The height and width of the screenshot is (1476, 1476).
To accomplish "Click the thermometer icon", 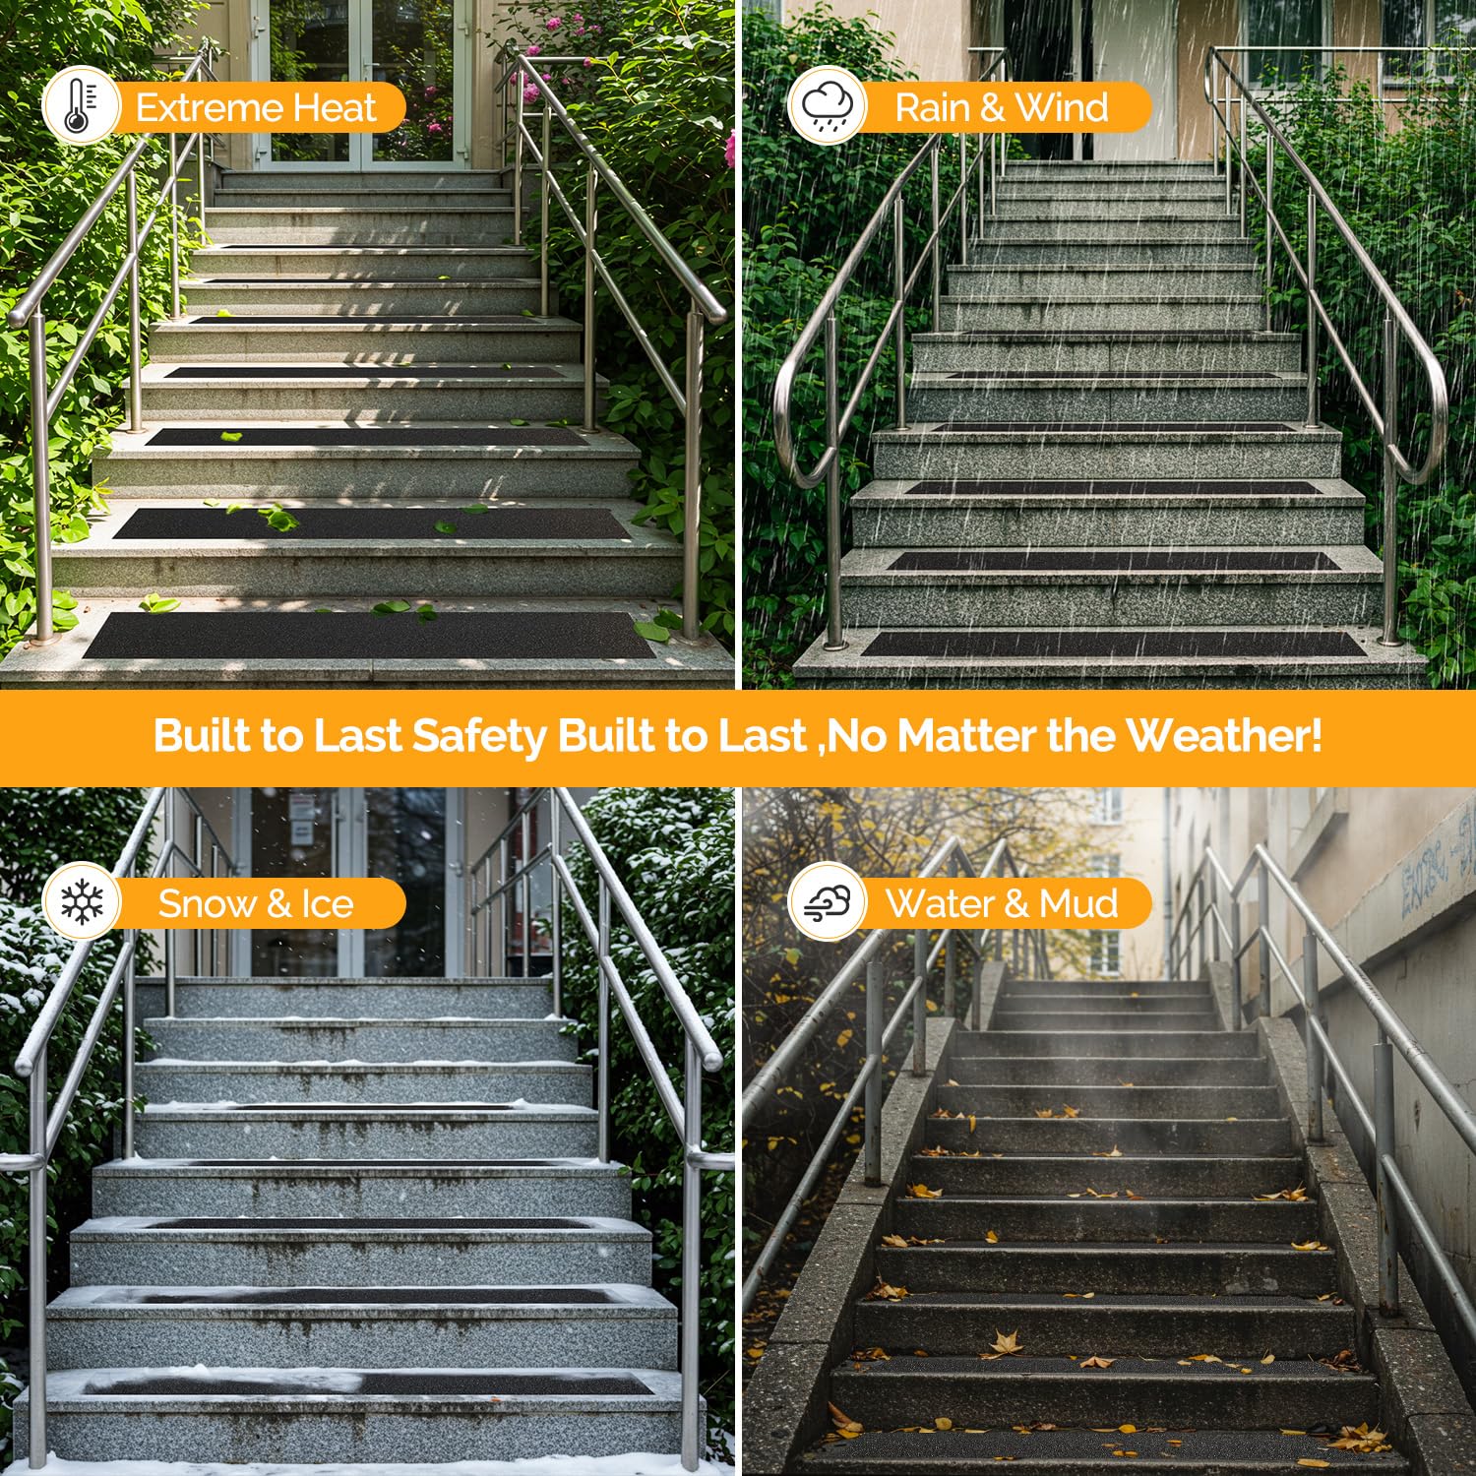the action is click(80, 106).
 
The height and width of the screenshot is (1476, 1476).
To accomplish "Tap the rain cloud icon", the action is click(827, 106).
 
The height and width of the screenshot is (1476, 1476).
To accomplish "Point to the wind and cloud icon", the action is click(827, 902).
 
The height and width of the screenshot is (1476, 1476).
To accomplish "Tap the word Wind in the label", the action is click(1062, 107).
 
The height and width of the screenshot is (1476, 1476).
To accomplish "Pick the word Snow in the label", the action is click(208, 903).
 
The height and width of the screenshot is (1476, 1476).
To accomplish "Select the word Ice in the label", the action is click(327, 903).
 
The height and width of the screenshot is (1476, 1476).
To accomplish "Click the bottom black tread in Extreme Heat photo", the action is click(370, 635).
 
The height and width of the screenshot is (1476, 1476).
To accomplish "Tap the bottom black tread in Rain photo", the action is click(1114, 644).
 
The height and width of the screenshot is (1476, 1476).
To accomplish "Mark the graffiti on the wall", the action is click(1436, 867).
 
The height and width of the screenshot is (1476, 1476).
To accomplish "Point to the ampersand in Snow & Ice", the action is click(279, 903).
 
